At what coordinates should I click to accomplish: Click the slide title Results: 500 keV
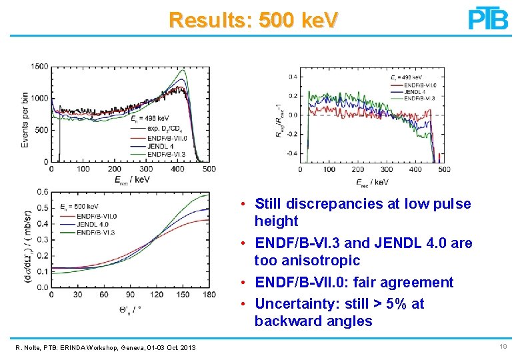(x=253, y=19)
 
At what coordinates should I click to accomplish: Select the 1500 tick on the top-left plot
(x=39, y=66)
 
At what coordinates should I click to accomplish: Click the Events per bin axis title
(x=25, y=113)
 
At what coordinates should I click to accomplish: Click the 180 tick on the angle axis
(x=209, y=295)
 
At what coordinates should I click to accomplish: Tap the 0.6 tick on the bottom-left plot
(x=42, y=192)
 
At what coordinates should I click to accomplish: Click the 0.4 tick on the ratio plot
(x=292, y=77)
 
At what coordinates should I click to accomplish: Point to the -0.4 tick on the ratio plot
(x=291, y=153)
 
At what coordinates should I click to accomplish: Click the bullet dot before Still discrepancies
(x=245, y=204)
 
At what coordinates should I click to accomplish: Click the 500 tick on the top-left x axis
(x=209, y=169)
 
